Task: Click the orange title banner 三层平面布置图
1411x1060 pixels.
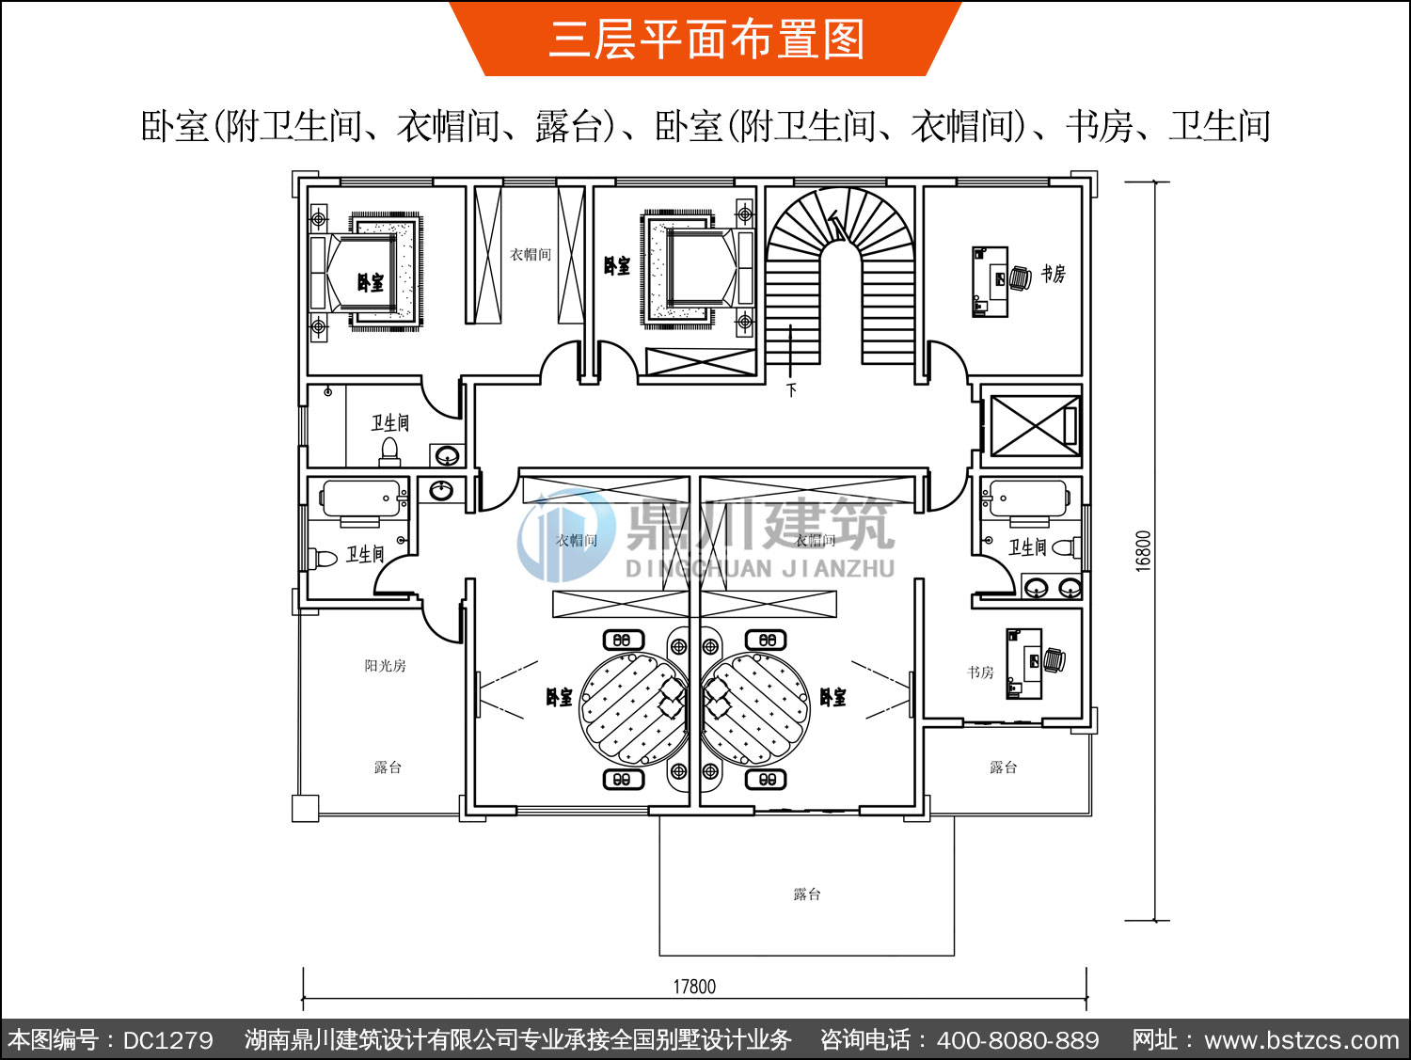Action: (x=705, y=39)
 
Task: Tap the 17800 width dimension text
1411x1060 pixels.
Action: (x=694, y=987)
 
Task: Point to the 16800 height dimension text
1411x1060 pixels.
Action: (x=1143, y=551)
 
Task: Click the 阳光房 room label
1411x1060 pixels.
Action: (x=385, y=666)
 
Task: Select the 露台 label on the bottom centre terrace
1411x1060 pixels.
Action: (x=806, y=894)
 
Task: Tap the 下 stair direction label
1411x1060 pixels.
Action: (x=792, y=389)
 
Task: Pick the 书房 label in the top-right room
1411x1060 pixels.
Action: (x=1053, y=274)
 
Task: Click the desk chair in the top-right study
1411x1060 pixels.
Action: (x=1019, y=278)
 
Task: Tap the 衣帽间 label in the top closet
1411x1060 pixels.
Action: (x=531, y=254)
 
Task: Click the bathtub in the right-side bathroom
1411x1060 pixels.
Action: (x=1028, y=499)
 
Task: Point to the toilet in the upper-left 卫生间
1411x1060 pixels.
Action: (x=389, y=454)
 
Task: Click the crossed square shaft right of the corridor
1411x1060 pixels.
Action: (x=1032, y=426)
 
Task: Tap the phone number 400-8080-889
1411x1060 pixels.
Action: (x=1018, y=1040)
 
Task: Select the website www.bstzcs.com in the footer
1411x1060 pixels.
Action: (x=1301, y=1040)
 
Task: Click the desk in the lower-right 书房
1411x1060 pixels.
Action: (x=1024, y=664)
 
